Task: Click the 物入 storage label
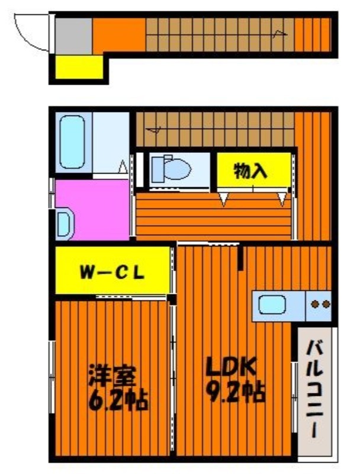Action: pyautogui.click(x=250, y=171)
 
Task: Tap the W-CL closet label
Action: pyautogui.click(x=112, y=273)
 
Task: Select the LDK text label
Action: pyautogui.click(x=231, y=366)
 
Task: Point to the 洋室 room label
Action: pyautogui.click(x=112, y=376)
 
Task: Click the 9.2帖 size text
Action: pyautogui.click(x=235, y=393)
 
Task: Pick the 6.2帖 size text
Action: pyautogui.click(x=118, y=400)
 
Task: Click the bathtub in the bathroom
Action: pyautogui.click(x=72, y=142)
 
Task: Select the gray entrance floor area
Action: pyautogui.click(x=73, y=36)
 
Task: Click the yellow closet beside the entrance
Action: pyautogui.click(x=79, y=67)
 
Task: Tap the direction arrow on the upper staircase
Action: pyautogui.click(x=279, y=33)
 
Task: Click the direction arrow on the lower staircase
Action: pyautogui.click(x=154, y=130)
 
